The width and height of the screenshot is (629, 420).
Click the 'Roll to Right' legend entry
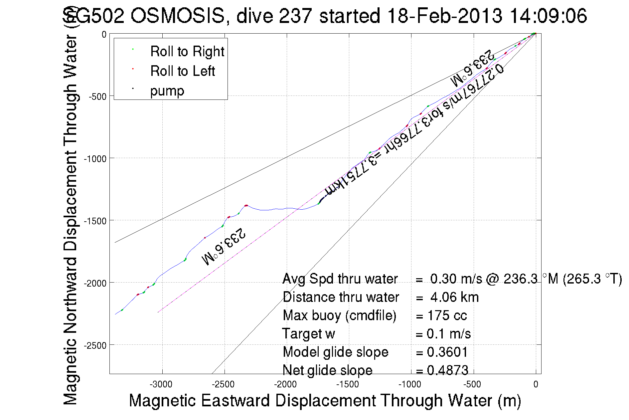(187, 52)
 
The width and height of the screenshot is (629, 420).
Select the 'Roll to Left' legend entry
(182, 71)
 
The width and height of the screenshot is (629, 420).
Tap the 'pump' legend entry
(167, 91)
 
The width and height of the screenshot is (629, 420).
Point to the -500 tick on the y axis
(97, 97)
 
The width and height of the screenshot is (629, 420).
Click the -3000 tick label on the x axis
(161, 385)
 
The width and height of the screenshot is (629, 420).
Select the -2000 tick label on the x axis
(285, 385)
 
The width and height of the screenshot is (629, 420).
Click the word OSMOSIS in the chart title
(178, 16)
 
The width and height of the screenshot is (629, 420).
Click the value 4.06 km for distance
(454, 297)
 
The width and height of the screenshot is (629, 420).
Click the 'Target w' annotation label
(308, 334)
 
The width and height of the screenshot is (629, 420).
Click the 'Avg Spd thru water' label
(340, 279)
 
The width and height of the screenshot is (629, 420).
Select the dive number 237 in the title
(295, 16)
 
